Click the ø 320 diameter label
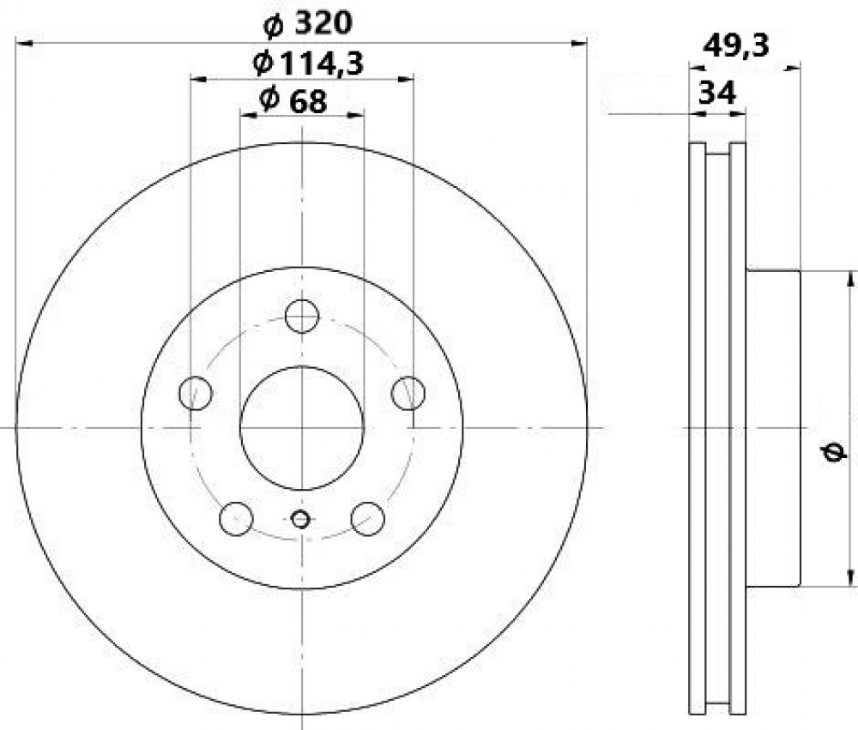coord(307,23)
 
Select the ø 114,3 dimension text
coord(308,64)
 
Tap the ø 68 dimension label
coord(293,100)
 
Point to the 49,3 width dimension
coord(736,46)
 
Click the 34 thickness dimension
coord(718,93)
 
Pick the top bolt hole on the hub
coord(302,316)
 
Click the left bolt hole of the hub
coord(196,393)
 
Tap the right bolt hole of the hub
coord(408,393)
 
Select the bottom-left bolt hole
coord(236,519)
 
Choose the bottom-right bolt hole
coord(368,519)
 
